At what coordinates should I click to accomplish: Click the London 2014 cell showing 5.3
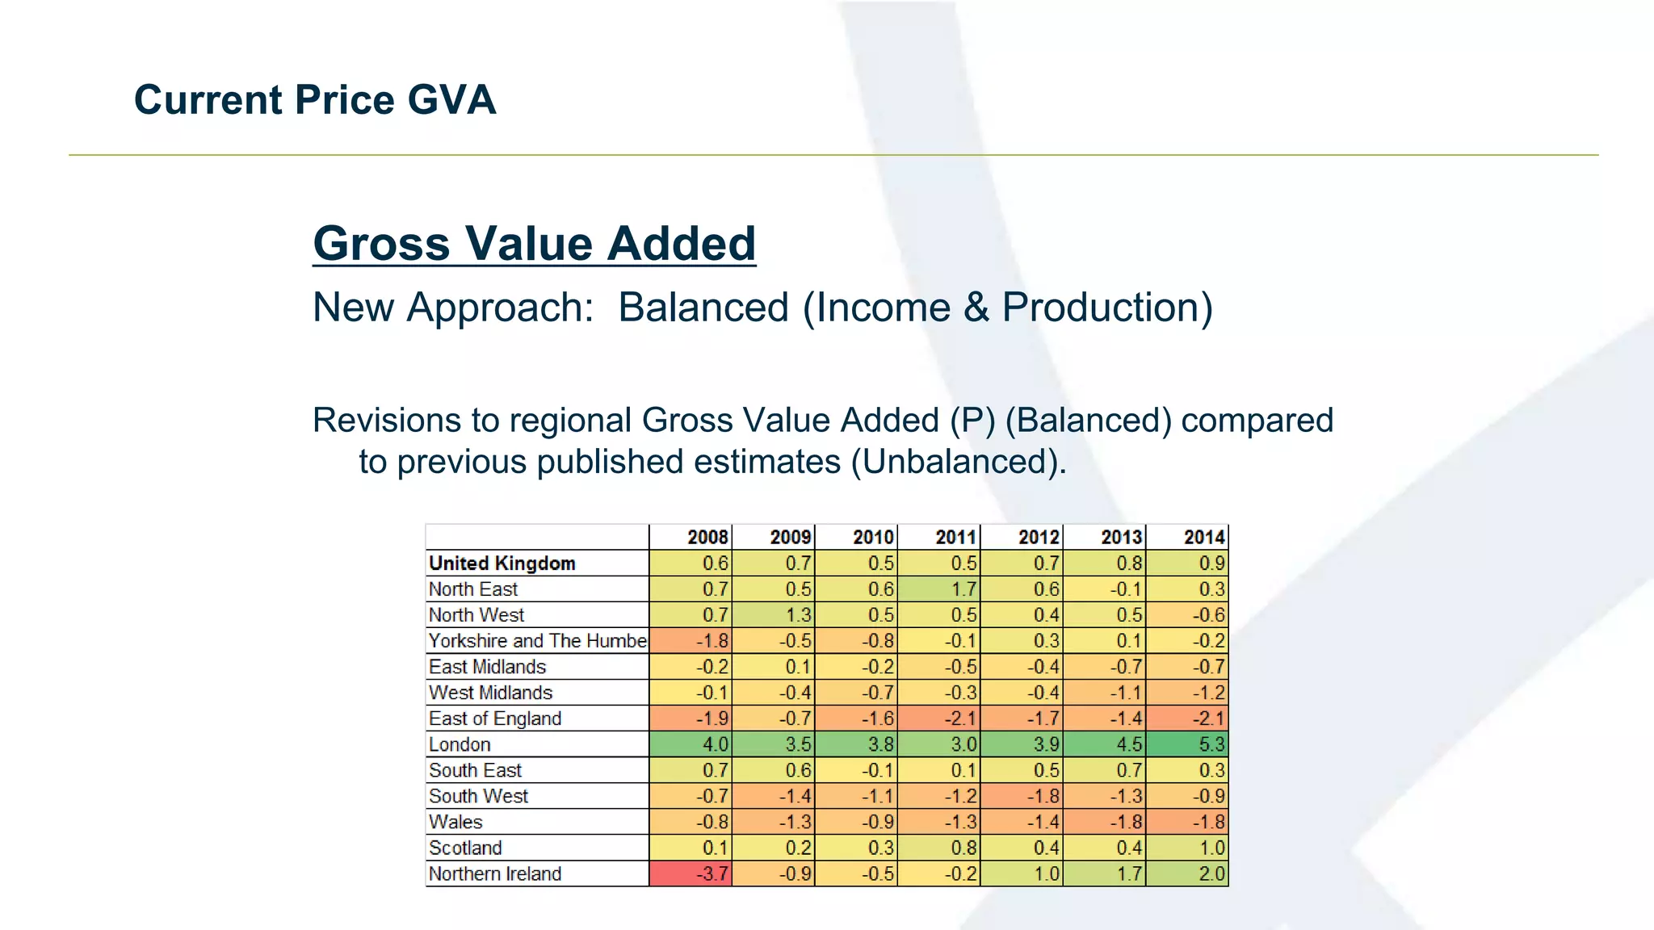1187,744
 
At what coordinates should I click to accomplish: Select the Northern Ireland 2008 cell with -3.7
691,873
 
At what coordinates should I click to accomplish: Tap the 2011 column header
938,538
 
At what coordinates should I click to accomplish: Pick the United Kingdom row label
502,563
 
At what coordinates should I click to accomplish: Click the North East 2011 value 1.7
938,589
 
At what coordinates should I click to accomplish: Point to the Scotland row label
465,848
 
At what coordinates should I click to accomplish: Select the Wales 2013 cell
1104,822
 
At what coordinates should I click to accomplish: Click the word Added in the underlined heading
682,244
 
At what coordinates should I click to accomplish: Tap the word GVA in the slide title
451,100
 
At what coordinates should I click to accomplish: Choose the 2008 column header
691,538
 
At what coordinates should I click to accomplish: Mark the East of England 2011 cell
938,718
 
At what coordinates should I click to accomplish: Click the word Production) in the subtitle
1107,308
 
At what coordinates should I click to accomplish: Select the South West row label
478,796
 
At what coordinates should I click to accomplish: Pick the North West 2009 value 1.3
774,615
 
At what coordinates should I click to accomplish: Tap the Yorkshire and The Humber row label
538,641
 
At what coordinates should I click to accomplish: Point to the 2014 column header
1187,538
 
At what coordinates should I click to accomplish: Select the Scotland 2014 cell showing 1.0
1187,848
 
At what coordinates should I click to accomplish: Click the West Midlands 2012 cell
1022,693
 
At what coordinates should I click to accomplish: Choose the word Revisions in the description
391,421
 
